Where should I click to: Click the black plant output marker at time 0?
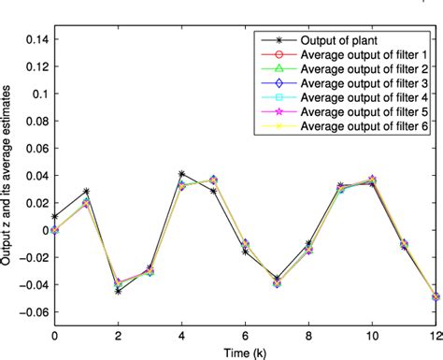[54, 216]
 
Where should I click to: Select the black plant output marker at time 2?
[118, 291]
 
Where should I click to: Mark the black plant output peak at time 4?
[181, 174]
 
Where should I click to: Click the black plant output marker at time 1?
[86, 191]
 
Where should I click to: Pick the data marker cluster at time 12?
[436, 296]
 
